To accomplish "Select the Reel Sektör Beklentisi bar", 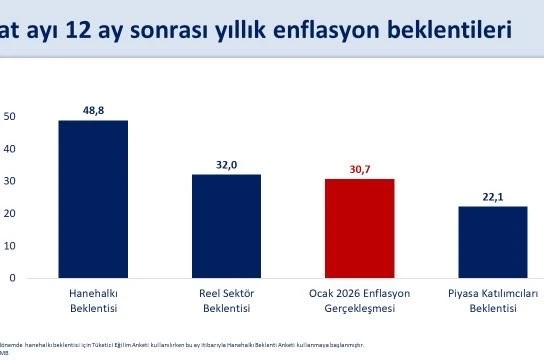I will (x=226, y=225).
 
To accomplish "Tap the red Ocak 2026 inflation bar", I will (x=359, y=227).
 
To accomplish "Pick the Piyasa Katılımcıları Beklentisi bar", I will (x=492, y=241).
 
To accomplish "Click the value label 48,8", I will (x=93, y=109).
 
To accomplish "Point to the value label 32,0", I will (x=226, y=163).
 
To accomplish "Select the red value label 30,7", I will (x=359, y=168).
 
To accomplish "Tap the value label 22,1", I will (x=492, y=195).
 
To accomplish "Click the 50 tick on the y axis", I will (x=10, y=117).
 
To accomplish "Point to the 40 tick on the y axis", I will (x=10, y=149).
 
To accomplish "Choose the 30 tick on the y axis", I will (x=10, y=181).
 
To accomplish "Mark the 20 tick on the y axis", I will (x=10, y=213).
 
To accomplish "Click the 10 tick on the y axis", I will (x=10, y=245).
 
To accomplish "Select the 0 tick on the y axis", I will (x=13, y=277).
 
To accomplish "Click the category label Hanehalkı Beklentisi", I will (x=93, y=302).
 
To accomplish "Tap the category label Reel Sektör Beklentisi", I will (x=226, y=302).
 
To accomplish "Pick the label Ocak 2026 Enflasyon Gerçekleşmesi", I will (x=359, y=302).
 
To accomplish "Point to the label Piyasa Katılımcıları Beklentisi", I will (x=492, y=302).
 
